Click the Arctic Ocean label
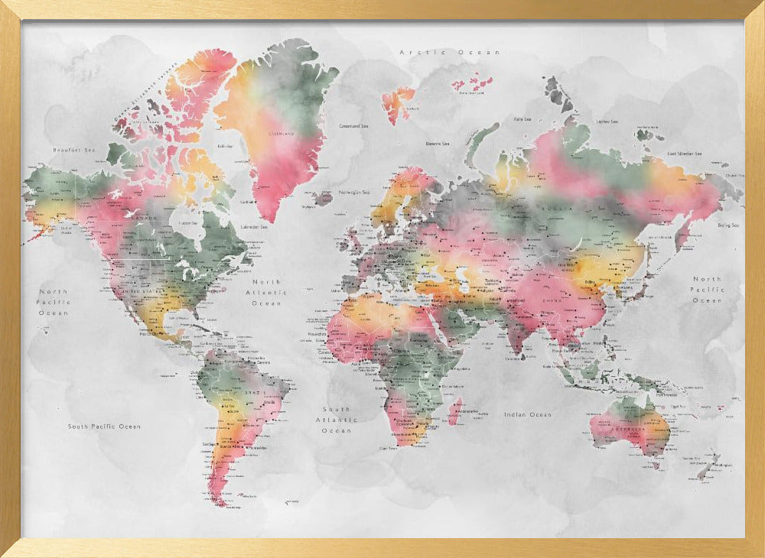click(449, 53)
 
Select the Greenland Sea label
click(355, 125)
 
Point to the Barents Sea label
click(438, 143)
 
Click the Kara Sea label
click(522, 119)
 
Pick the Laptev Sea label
click(607, 121)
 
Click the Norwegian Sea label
click(354, 193)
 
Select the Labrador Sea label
click(254, 227)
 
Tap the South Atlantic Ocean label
click(337, 420)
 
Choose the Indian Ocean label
click(527, 414)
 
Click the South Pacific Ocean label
click(104, 427)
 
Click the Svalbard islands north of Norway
click(397, 103)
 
